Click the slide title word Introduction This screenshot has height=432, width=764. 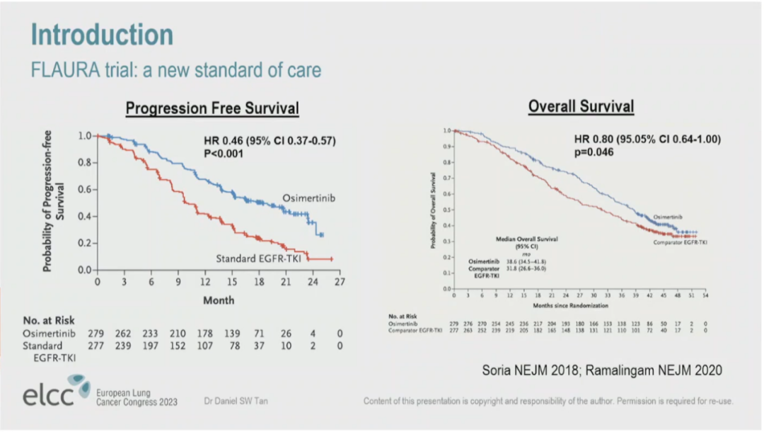pos(102,35)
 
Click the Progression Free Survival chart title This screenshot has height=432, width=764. pos(212,108)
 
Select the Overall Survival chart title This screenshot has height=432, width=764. pos(581,106)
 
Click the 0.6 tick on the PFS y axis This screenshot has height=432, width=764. pos(84,190)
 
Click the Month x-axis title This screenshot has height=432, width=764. pos(219,300)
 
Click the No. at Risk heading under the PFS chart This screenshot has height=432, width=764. pos(49,321)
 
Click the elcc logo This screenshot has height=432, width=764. pos(57,395)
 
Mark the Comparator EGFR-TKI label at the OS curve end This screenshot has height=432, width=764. pos(680,242)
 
